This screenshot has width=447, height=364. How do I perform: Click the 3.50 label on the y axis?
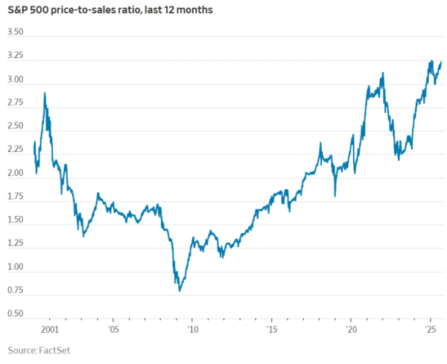[x=15, y=33]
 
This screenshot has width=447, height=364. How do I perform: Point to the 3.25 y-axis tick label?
[x=15, y=56]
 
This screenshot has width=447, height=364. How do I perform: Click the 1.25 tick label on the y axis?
[x=15, y=243]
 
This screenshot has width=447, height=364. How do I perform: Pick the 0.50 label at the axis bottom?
[x=15, y=313]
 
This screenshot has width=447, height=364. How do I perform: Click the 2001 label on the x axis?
[x=50, y=328]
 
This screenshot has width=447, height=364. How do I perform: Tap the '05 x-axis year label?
[x=112, y=328]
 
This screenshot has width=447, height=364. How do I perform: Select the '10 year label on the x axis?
[x=191, y=328]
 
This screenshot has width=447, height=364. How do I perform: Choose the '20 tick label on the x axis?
[x=350, y=328]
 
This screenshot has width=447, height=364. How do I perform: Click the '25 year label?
[x=429, y=328]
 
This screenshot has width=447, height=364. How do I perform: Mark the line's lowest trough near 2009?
[x=179, y=290]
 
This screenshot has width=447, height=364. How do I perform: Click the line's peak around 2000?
[x=45, y=94]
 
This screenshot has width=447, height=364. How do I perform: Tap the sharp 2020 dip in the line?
[x=335, y=196]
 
